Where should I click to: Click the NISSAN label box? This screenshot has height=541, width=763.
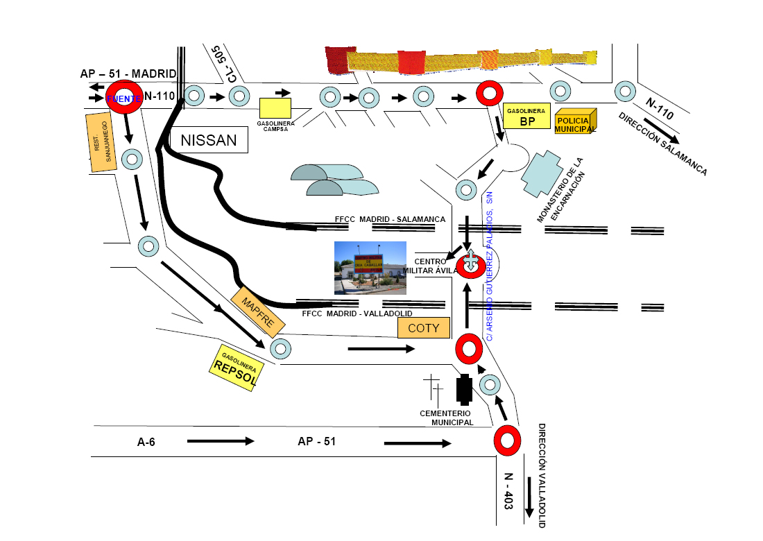(x=209, y=141)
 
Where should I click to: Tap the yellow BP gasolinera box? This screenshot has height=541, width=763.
(x=528, y=118)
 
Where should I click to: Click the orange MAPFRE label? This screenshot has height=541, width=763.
(x=258, y=313)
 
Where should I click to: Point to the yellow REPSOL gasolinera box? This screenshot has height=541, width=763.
(x=237, y=367)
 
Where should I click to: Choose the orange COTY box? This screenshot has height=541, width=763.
(x=423, y=327)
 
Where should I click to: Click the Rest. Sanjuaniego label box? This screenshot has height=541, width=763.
(x=101, y=141)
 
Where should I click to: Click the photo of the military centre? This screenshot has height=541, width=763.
(x=370, y=268)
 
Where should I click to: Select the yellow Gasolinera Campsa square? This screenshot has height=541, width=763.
(x=275, y=108)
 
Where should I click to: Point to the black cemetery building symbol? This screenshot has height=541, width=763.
(x=464, y=390)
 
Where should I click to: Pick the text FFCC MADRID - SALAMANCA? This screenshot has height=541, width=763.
(x=390, y=219)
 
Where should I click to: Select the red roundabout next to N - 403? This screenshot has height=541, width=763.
(x=508, y=440)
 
